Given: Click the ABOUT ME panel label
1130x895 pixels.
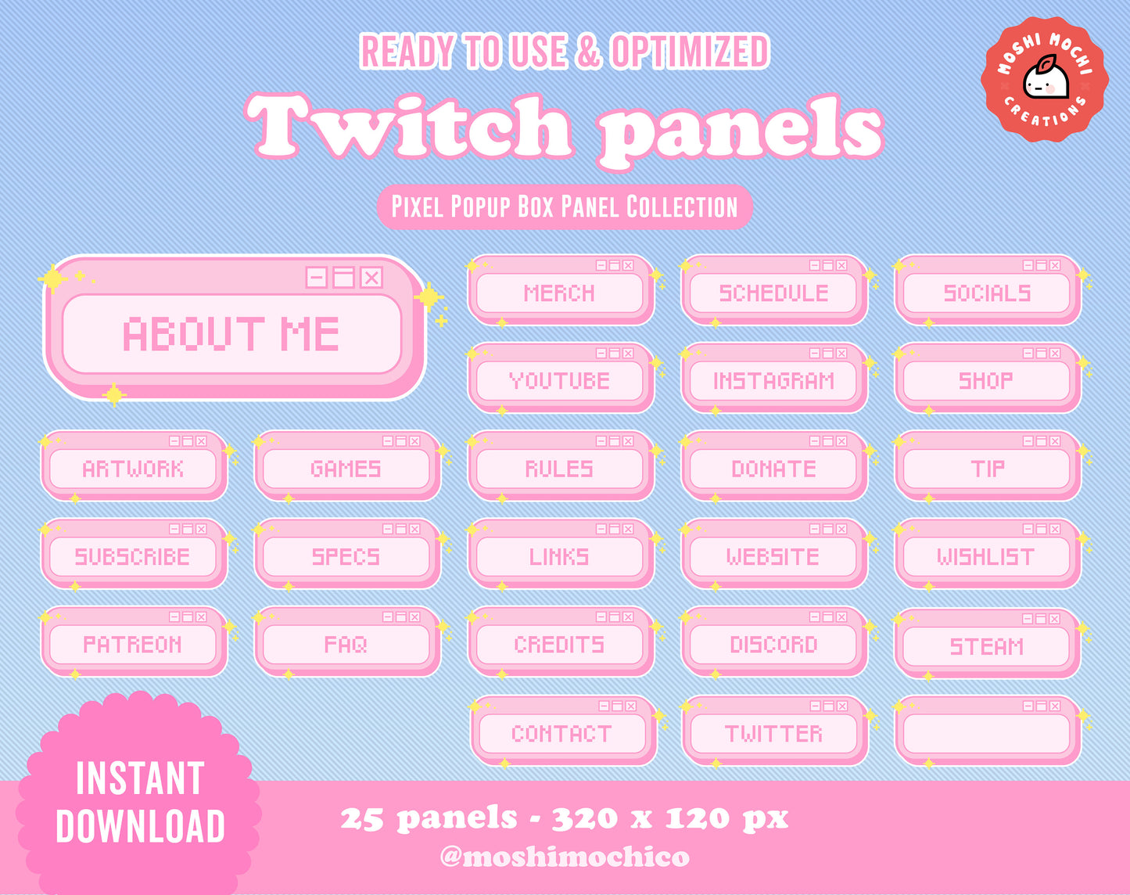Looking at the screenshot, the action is coord(231,333).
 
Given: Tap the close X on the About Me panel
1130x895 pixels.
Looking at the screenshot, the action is coord(371,277).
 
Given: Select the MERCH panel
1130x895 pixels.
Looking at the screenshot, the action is coord(561,290).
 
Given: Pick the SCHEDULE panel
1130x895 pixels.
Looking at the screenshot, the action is coord(774,290).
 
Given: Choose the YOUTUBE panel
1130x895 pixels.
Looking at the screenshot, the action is coord(561,378).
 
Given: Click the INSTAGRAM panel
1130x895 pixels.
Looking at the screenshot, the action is coord(774,378).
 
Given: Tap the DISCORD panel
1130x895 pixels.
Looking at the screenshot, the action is coord(774,642).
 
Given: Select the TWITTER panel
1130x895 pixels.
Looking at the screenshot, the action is coord(775,731).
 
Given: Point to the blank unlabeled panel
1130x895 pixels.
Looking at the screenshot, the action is coord(988,731).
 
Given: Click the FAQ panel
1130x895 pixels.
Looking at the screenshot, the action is coord(347,642).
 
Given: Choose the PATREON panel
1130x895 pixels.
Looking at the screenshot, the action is coord(134,642).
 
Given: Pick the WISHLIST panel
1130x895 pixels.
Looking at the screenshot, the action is coord(988,554).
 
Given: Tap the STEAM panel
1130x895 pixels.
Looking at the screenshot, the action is coord(988,643).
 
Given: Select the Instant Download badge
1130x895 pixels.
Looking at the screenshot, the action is coord(139,793).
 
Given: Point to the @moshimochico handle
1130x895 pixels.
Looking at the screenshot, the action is coord(565,856).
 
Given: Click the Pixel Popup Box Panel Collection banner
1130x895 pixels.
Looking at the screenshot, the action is coord(565,207).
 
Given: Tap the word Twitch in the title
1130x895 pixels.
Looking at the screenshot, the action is coord(410,126).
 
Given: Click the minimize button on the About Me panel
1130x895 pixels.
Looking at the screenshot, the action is coord(317,277).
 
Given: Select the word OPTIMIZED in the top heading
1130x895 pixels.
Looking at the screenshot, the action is coord(690,52).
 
